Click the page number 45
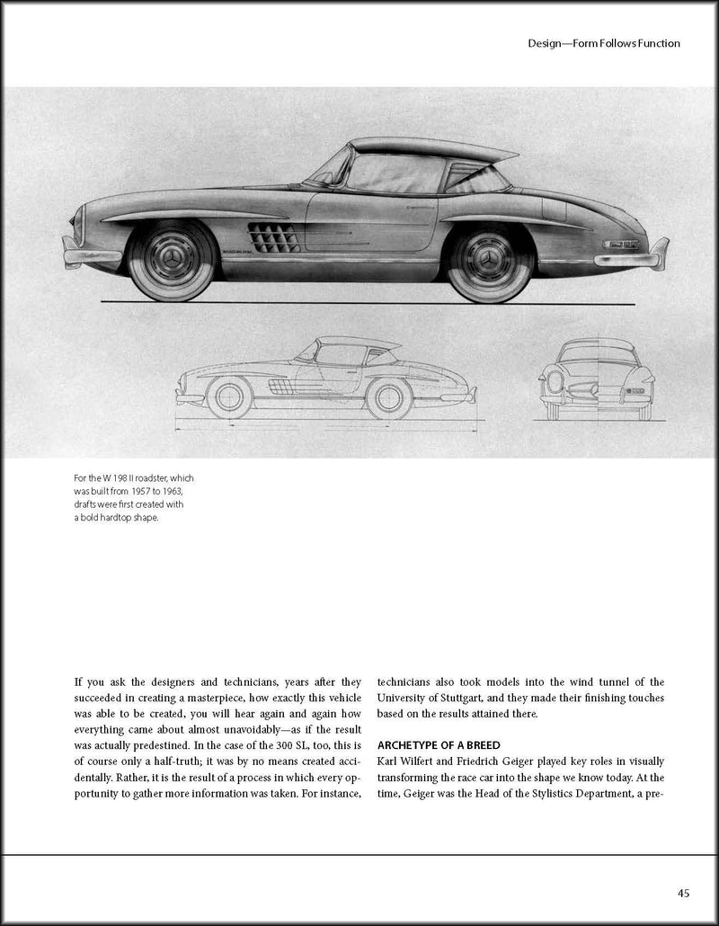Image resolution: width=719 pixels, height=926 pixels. click(683, 893)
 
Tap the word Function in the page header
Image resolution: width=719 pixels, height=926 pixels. click(650, 43)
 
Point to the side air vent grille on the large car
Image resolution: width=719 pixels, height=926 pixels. click(274, 237)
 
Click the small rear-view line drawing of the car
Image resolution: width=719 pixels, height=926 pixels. click(595, 378)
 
